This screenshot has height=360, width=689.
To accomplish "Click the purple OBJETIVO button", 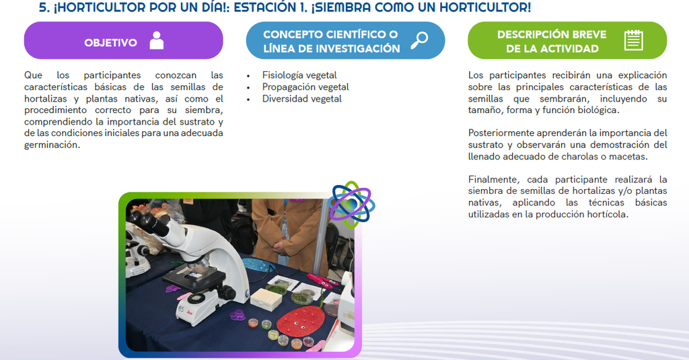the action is [x=124, y=40].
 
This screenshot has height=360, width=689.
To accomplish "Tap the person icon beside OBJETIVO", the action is [x=156, y=40].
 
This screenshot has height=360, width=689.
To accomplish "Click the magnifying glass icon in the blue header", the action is [x=419, y=40].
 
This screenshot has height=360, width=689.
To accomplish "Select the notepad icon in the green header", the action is [x=633, y=40].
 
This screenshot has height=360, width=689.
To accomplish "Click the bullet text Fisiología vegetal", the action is [x=299, y=75].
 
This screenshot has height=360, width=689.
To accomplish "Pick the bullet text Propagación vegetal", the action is [x=305, y=87].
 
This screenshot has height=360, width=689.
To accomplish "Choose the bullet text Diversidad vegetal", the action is [x=302, y=98].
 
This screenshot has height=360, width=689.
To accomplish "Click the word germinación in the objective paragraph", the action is [x=52, y=145].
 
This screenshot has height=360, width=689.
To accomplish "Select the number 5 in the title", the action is [x=44, y=7].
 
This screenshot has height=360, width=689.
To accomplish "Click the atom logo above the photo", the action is [x=351, y=205].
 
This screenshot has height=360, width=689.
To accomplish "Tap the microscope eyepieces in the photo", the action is [x=149, y=221].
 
